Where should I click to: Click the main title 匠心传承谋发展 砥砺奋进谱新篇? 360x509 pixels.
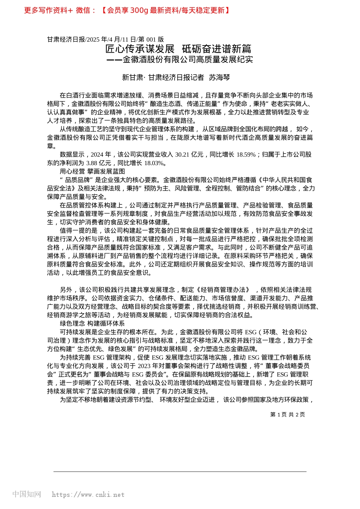click(178, 49)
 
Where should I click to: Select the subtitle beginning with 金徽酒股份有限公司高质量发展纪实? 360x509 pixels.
click(188, 59)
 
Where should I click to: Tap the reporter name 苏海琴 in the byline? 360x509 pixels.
click(219, 78)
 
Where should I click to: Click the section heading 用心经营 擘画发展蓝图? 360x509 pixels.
click(92, 172)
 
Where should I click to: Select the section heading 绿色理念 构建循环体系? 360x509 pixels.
click(92, 323)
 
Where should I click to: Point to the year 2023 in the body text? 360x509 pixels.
click(144, 366)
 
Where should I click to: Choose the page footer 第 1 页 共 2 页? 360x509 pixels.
click(287, 415)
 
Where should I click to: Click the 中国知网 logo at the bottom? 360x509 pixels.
click(27, 494)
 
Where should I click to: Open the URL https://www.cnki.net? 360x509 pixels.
click(88, 495)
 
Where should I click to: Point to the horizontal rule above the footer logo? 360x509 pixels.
click(180, 472)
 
